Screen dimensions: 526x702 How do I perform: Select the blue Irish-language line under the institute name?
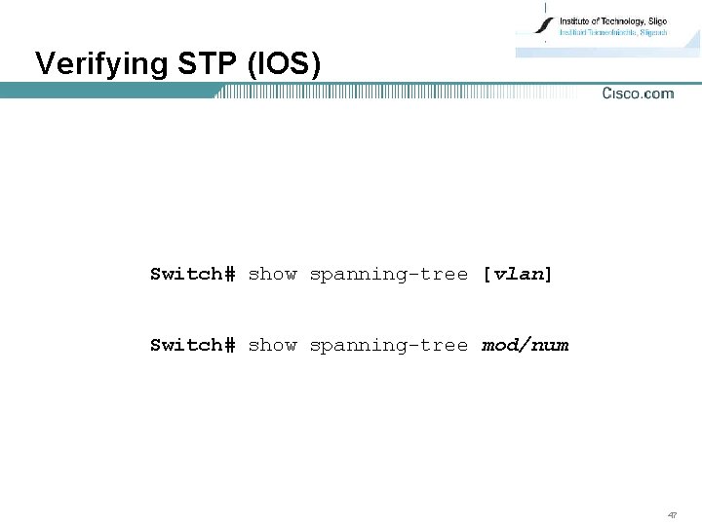pos(612,32)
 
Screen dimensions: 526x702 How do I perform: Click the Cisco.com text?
pos(638,94)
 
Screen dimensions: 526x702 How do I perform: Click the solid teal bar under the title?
pos(107,91)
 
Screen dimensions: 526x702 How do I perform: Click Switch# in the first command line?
pos(192,275)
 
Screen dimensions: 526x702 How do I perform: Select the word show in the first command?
pos(272,275)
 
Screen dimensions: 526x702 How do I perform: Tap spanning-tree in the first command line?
pos(388,275)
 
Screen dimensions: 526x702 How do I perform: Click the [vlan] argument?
pos(517,275)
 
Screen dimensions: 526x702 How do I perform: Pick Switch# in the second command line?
pos(192,346)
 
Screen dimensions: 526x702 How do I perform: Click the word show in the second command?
pos(272,346)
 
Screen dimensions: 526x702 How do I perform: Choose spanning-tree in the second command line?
pos(388,346)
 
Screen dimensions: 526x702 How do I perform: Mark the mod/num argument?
pos(525,346)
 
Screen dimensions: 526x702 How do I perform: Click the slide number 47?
pos(673,513)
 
